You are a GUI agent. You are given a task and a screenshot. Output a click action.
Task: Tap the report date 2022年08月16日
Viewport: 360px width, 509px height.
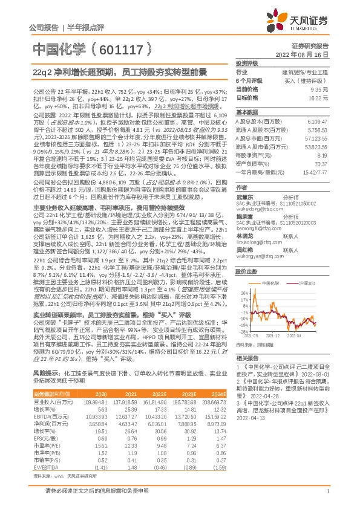310,54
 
